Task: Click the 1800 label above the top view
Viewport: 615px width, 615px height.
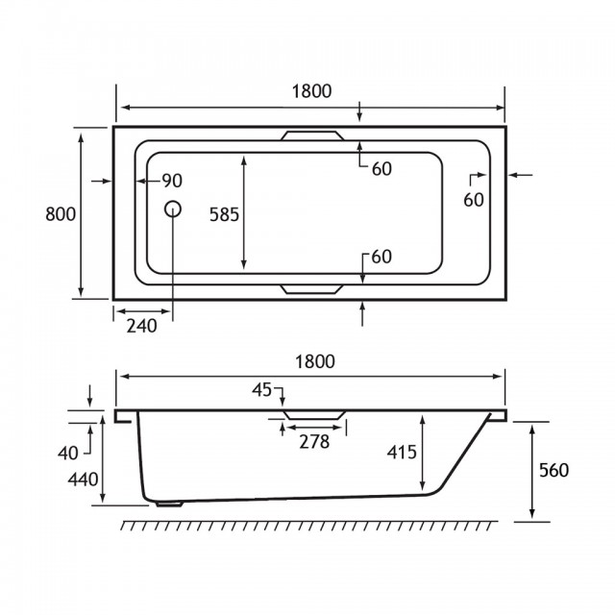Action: pyautogui.click(x=311, y=91)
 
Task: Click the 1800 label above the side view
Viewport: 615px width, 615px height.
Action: pyautogui.click(x=315, y=361)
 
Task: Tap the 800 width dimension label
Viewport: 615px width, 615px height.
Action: pyautogui.click(x=61, y=214)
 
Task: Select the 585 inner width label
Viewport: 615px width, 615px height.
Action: pyautogui.click(x=224, y=214)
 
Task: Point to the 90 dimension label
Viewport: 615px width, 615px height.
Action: pyautogui.click(x=173, y=181)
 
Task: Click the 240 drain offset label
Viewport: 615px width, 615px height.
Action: pyautogui.click(x=141, y=326)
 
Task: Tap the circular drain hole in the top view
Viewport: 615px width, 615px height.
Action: pyautogui.click(x=173, y=209)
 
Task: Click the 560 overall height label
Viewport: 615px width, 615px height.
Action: pyautogui.click(x=553, y=470)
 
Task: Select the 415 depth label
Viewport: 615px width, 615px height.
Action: pyautogui.click(x=402, y=453)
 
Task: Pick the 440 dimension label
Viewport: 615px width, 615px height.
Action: pyautogui.click(x=83, y=480)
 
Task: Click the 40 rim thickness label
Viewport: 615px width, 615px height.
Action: pyautogui.click(x=68, y=454)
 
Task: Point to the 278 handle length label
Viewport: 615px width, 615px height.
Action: pyautogui.click(x=314, y=442)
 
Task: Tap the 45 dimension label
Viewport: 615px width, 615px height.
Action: pyautogui.click(x=261, y=390)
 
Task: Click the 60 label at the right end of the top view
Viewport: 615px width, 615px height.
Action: pyautogui.click(x=474, y=200)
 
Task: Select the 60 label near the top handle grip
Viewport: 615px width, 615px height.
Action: pyautogui.click(x=381, y=169)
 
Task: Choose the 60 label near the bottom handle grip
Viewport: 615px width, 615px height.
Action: pyautogui.click(x=381, y=257)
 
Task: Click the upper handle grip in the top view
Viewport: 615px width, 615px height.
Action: pyautogui.click(x=312, y=135)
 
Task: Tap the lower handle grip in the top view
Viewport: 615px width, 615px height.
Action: pyautogui.click(x=312, y=289)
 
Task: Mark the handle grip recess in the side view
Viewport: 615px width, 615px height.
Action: pyautogui.click(x=314, y=415)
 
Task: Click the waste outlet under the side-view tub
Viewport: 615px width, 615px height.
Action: pyautogui.click(x=169, y=504)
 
